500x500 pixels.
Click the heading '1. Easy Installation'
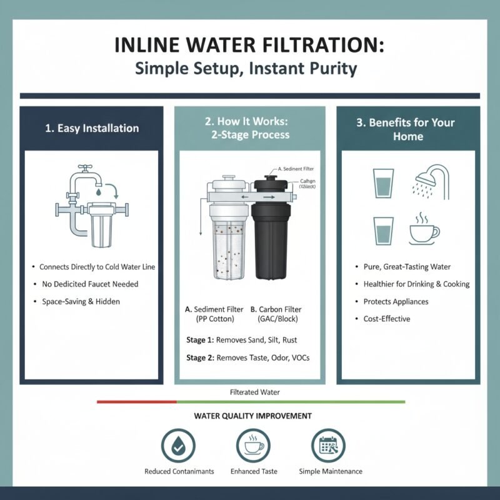pos(92,128)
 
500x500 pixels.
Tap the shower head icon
pos(432,182)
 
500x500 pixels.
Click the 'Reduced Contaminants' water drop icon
pos(179,445)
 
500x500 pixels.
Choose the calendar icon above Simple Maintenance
pos(329,445)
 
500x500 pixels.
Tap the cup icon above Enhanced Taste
pos(253,445)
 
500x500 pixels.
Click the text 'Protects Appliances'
pos(396,301)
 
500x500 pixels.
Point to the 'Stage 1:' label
pos(201,340)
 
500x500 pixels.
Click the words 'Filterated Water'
pos(255,392)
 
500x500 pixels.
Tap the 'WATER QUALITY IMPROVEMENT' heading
pos(253,416)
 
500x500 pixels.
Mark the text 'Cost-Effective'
pos(387,319)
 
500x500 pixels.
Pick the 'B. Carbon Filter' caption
pos(274,309)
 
